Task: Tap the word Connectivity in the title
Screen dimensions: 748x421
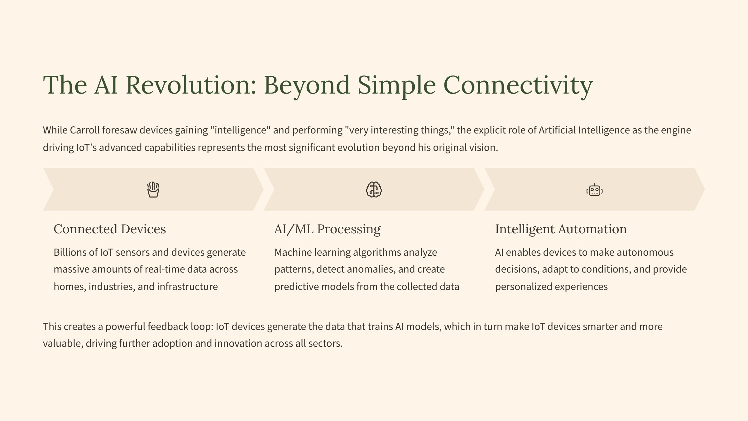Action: pyautogui.click(x=518, y=86)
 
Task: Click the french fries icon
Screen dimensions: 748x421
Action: pyautogui.click(x=153, y=190)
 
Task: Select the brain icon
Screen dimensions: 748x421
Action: pyautogui.click(x=374, y=190)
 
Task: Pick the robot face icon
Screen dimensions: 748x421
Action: pyautogui.click(x=594, y=190)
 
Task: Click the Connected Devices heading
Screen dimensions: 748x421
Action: pyautogui.click(x=110, y=229)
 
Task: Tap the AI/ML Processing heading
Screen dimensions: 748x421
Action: pyautogui.click(x=327, y=230)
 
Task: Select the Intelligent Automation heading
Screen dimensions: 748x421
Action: pyautogui.click(x=561, y=230)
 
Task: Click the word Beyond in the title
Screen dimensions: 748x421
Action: pyautogui.click(x=307, y=86)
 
